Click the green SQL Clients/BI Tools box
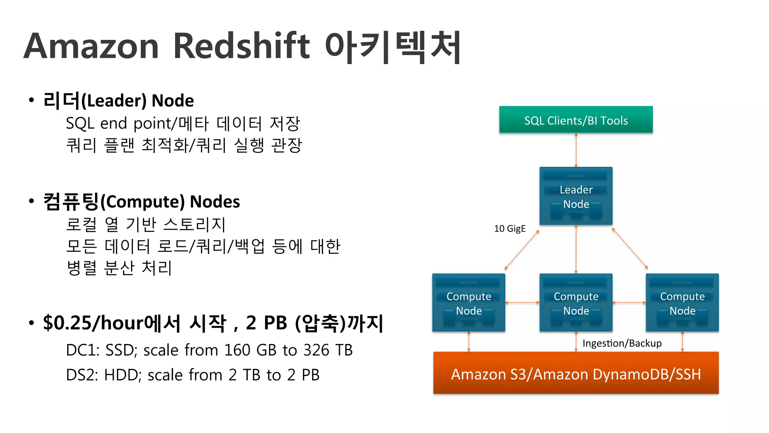click(576, 120)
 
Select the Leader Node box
click(576, 196)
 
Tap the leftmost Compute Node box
click(469, 303)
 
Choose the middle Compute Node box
click(576, 303)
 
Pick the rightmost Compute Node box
click(682, 303)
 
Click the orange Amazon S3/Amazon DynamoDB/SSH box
click(576, 373)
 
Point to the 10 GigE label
click(510, 229)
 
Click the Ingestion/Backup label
click(622, 343)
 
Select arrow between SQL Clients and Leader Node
click(576, 150)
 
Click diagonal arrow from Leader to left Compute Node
click(522, 250)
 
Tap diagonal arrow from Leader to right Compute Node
click(630, 248)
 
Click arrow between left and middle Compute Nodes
click(522, 303)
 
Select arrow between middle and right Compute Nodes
click(629, 303)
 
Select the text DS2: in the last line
click(82, 375)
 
